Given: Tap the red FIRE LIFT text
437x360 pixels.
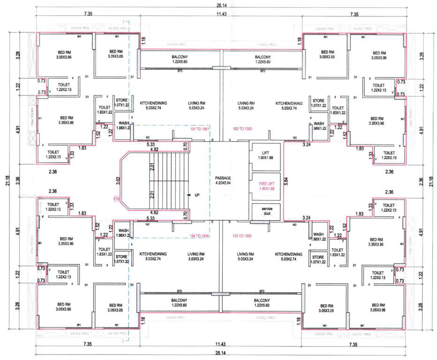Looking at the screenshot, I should (x=265, y=185).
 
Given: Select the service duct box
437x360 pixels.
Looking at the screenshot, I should (x=265, y=211).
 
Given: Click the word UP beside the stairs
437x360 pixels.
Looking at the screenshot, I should (x=197, y=194).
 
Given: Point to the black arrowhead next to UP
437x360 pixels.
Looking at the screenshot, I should (x=188, y=194).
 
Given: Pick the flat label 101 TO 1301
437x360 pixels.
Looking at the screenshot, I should (x=198, y=128).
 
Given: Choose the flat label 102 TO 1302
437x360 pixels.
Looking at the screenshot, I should (x=242, y=128).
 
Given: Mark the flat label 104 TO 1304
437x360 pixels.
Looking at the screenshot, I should (x=198, y=236).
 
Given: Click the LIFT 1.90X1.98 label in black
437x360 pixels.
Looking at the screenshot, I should (x=265, y=155).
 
